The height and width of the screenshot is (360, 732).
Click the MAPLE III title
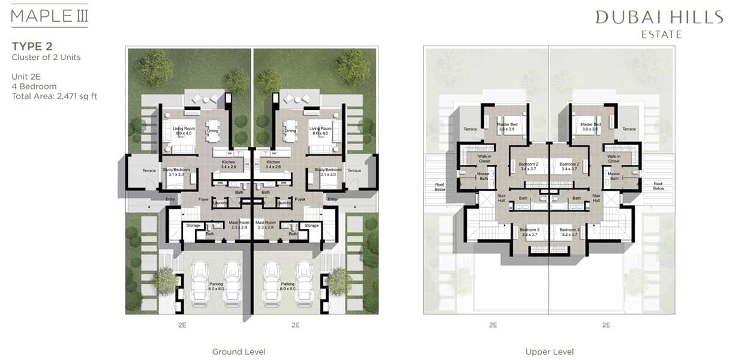[50, 16]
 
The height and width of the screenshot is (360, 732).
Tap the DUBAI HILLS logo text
[659, 17]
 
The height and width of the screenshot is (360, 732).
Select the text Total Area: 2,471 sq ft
[54, 96]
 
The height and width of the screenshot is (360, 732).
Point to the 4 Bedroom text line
[34, 86]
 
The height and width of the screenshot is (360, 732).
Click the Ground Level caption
[239, 352]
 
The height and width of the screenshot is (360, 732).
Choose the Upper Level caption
[550, 352]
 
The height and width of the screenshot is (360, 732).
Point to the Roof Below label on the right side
[658, 186]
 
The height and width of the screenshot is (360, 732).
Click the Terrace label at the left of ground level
[149, 170]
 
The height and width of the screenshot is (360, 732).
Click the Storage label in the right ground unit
[311, 226]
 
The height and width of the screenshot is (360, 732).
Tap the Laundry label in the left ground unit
[219, 203]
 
